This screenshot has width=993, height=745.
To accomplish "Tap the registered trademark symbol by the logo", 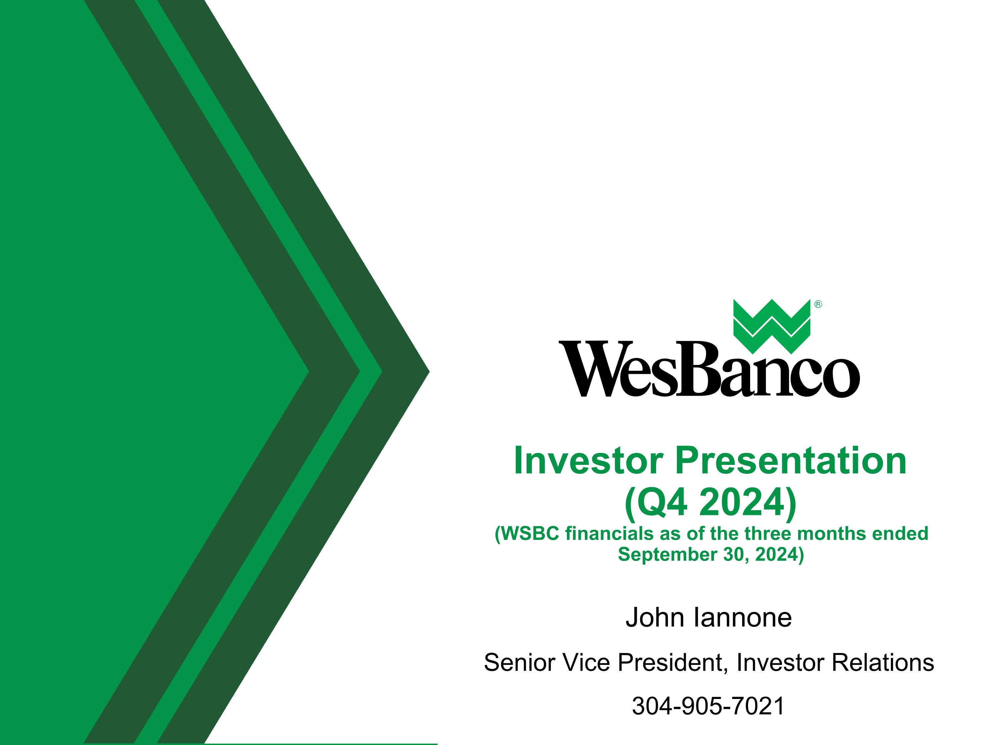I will pyautogui.click(x=818, y=305).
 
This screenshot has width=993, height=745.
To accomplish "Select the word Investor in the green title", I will pyautogui.click(x=589, y=461).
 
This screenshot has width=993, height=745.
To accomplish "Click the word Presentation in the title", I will pyautogui.click(x=790, y=461).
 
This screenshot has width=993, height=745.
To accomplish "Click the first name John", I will pyautogui.click(x=655, y=618).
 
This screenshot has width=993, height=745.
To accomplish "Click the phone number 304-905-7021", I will pyautogui.click(x=708, y=706).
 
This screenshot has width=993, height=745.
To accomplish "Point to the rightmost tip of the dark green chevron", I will pyautogui.click(x=428, y=372).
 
